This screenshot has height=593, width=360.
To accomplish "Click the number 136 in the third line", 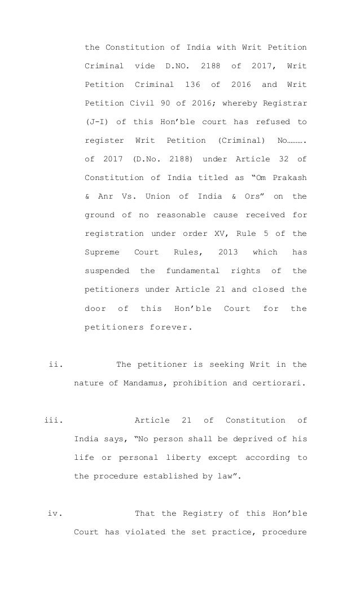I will click(x=192, y=85).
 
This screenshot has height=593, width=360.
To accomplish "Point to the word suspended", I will click(x=107, y=270).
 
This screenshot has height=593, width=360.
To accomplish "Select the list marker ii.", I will click(x=55, y=364).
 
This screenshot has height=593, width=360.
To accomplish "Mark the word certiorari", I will click(x=281, y=383).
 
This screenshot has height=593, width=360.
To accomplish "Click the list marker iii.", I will click(x=53, y=420).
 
